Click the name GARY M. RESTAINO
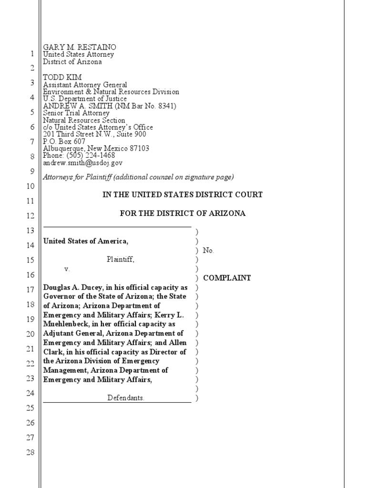80,47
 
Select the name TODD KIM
62,77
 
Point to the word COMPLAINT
227,278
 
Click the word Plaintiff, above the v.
120,260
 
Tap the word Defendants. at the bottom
126,397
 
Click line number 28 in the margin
30,452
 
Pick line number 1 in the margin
32,54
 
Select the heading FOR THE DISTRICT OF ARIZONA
183,213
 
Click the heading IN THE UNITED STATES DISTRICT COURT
183,195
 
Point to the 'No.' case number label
208,250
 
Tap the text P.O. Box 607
64,141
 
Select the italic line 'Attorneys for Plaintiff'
138,177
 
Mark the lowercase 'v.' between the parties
67,269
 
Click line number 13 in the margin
30,231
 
